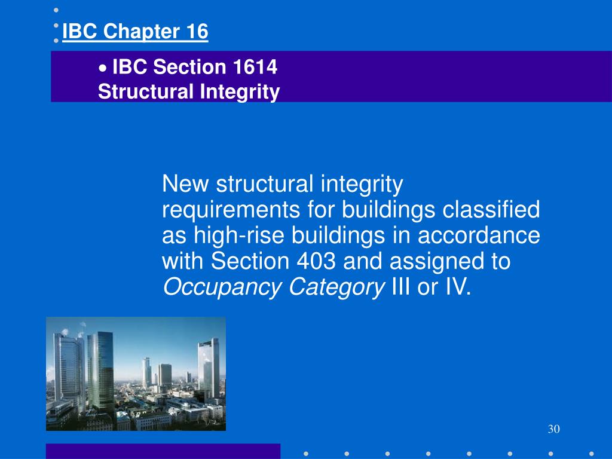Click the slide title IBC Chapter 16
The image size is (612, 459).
click(135, 32)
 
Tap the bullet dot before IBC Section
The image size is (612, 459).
click(103, 69)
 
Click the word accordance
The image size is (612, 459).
click(478, 236)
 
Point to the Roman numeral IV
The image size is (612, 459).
click(457, 287)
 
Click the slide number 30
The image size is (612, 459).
click(553, 429)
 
